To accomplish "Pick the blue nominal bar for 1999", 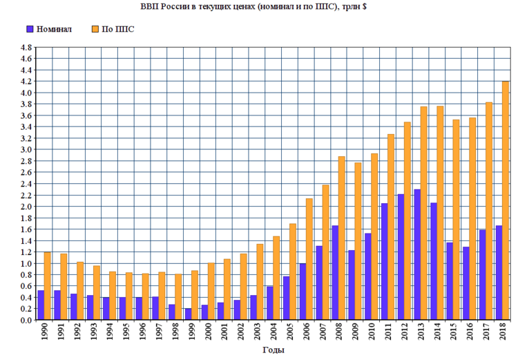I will coord(188,314).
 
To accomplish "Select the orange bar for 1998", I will coord(178,297).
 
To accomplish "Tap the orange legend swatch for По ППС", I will coord(95,30).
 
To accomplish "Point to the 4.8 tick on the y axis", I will coord(26,48).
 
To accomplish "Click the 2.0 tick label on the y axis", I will coord(26,207).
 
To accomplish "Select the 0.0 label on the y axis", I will coord(26,320).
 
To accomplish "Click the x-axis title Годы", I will coord(273,350).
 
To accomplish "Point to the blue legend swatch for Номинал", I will coord(30,30).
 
